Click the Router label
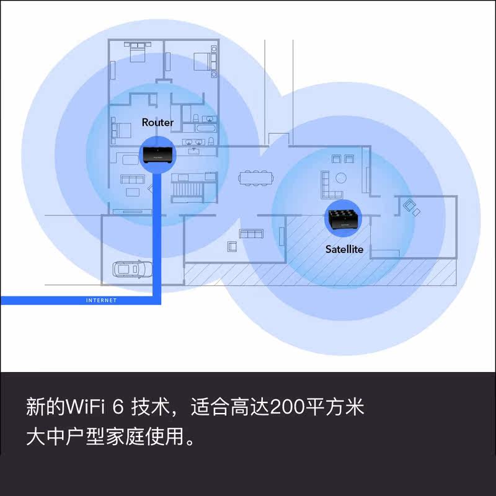click(157, 122)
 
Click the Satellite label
click(344, 249)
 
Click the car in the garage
click(128, 270)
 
